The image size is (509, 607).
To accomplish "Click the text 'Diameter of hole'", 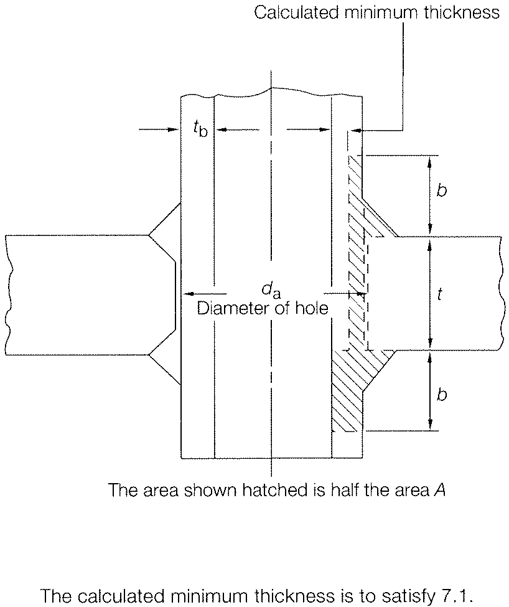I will pyautogui.click(x=262, y=308).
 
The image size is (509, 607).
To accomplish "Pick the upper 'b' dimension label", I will pyautogui.click(x=441, y=191).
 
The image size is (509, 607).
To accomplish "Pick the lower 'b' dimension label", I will pyautogui.click(x=441, y=395).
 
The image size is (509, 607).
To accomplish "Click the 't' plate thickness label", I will pyautogui.click(x=440, y=294).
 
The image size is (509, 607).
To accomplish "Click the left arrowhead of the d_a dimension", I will pyautogui.click(x=186, y=293).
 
